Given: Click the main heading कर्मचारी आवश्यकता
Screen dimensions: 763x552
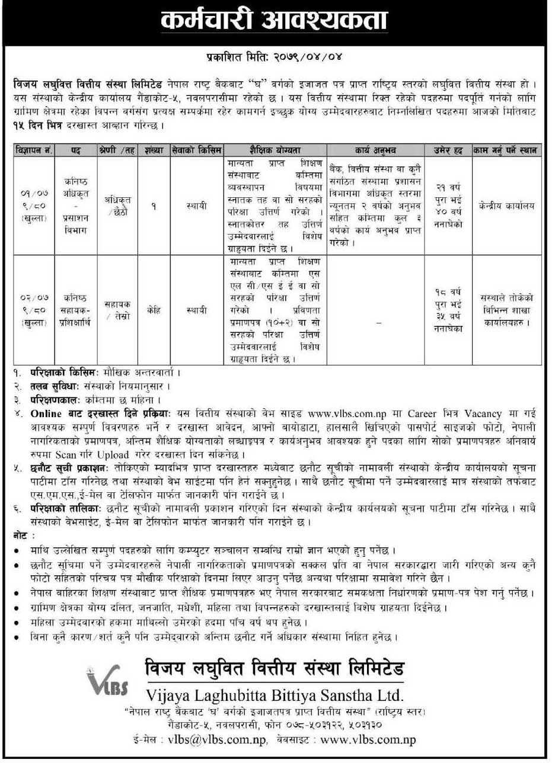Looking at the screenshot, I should click(275, 22).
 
